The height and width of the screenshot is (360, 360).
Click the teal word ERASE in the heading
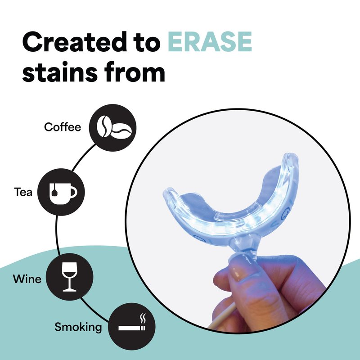click(x=210, y=42)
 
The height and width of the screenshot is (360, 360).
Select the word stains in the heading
click(x=60, y=72)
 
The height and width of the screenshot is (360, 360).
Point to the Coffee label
click(x=63, y=127)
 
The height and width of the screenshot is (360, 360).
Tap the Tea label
click(x=23, y=192)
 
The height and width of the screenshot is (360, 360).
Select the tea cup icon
click(x=63, y=193)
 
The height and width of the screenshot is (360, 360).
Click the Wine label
click(x=27, y=279)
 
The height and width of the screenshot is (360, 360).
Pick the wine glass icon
click(x=69, y=277)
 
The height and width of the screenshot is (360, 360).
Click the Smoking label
click(x=78, y=327)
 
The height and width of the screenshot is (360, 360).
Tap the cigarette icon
click(x=132, y=328)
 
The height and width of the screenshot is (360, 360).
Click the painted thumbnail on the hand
click(x=238, y=273)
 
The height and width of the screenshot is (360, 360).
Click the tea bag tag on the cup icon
click(x=54, y=193)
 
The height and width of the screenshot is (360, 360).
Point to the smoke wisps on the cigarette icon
click(x=143, y=319)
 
